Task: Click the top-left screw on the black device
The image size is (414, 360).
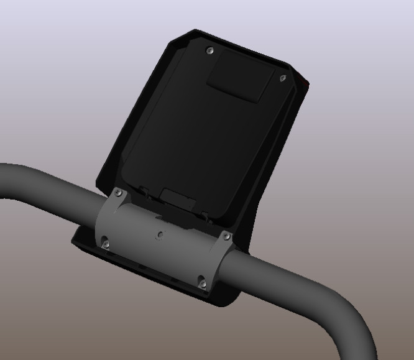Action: pyautogui.click(x=209, y=50)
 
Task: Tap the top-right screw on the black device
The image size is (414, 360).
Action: pyautogui.click(x=283, y=78)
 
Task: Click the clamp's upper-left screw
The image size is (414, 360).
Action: pyautogui.click(x=118, y=193)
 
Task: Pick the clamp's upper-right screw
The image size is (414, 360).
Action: pyautogui.click(x=226, y=236)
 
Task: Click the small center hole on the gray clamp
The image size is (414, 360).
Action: pyautogui.click(x=160, y=235)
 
